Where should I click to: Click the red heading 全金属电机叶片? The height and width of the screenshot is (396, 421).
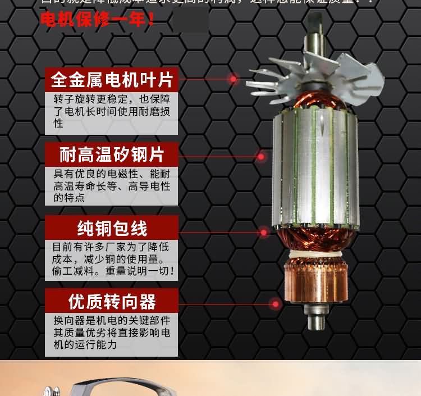pyautogui.click(x=111, y=79)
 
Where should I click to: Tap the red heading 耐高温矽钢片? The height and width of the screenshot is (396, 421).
pyautogui.click(x=111, y=153)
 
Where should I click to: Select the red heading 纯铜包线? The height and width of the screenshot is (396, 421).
pyautogui.click(x=111, y=228)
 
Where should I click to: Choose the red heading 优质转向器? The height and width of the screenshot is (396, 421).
pyautogui.click(x=111, y=302)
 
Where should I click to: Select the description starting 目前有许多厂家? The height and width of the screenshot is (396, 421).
pyautogui.click(x=112, y=259)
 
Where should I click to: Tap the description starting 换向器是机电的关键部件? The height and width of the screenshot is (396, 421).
pyautogui.click(x=111, y=333)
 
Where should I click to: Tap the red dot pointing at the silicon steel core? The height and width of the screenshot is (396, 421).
pyautogui.click(x=260, y=156)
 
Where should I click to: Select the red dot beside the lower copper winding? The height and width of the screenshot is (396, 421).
pyautogui.click(x=264, y=231)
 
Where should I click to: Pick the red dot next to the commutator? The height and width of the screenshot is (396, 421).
pyautogui.click(x=275, y=304)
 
